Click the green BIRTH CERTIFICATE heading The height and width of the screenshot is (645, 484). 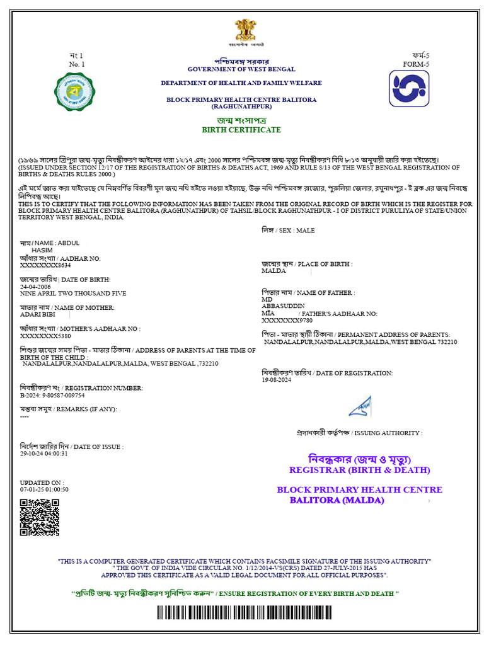click(241, 130)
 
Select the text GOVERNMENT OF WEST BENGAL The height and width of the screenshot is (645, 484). click(241, 69)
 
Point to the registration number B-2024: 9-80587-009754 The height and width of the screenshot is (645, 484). click(52, 396)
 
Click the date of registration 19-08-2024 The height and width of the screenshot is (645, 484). click(278, 380)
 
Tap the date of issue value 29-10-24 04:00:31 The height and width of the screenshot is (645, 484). click(44, 454)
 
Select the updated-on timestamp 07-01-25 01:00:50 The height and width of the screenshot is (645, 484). click(44, 489)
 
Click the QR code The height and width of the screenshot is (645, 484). click(40, 517)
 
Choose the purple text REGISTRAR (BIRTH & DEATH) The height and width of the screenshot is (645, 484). click(359, 470)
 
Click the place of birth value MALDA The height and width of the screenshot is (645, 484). click(274, 271)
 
